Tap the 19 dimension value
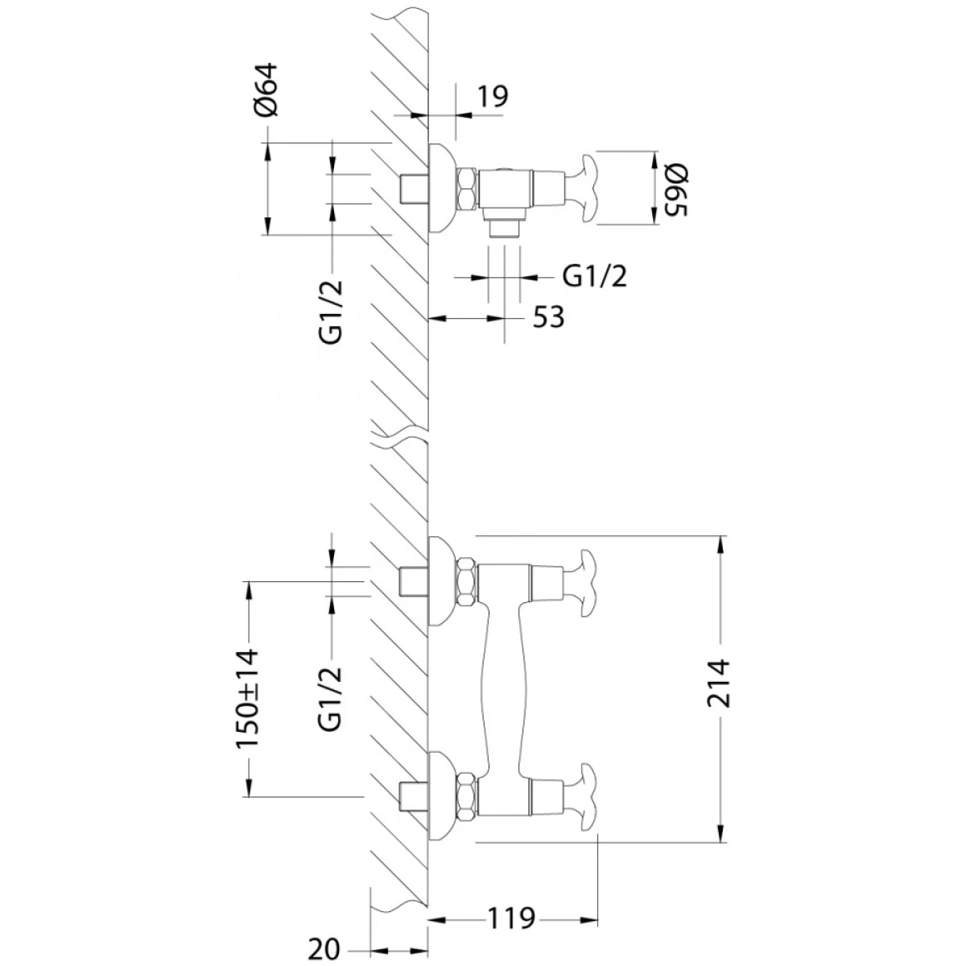[492, 97]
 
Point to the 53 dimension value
[548, 317]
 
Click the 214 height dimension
[718, 683]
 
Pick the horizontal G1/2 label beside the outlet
[595, 276]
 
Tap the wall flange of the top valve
[442, 188]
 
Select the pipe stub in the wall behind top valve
[413, 188]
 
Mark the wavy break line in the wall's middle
[399, 435]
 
